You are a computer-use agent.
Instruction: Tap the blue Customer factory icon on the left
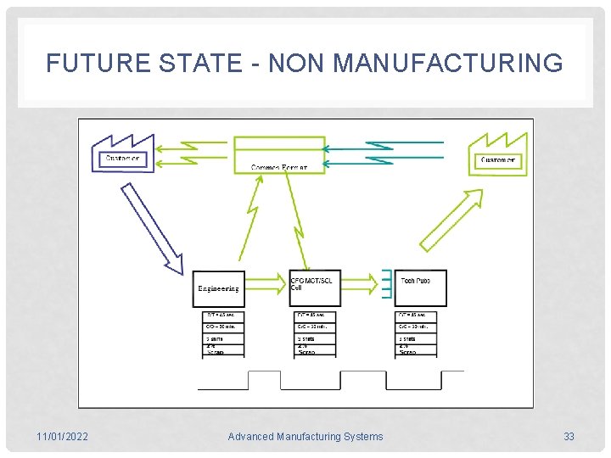[x=123, y=154]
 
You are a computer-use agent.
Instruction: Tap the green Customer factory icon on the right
[x=497, y=154]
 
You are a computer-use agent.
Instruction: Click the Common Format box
[x=279, y=154]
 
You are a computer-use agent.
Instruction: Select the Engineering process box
[x=218, y=288]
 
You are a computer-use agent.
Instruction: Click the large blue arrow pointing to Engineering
[x=153, y=229]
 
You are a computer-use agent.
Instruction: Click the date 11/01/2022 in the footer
[x=62, y=437]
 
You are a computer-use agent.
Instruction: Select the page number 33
[x=569, y=437]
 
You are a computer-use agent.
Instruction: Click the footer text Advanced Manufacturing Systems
[x=305, y=437]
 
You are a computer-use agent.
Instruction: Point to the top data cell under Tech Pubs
[x=417, y=316]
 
